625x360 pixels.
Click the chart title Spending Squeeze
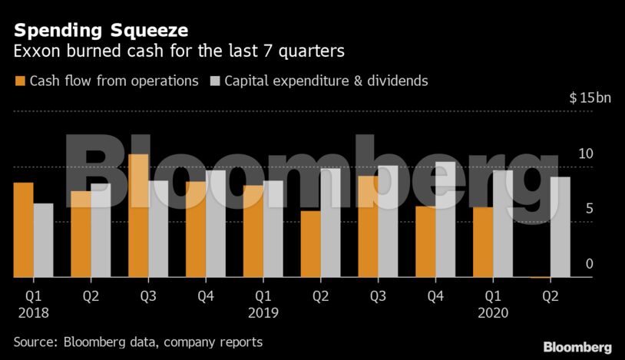coord(101,31)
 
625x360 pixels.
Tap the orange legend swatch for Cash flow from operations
coord(20,81)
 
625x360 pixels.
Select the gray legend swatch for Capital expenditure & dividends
coord(214,81)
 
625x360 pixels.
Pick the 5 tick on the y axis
coord(589,209)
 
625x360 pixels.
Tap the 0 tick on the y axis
coord(590,264)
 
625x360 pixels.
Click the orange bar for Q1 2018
coord(23,230)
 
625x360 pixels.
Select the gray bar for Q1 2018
coord(43,239)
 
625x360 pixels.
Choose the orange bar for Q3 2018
coord(138,215)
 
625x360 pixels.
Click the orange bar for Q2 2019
coord(310,243)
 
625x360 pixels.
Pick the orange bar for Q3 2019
coord(368,226)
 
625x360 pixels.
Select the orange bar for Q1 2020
coord(483,242)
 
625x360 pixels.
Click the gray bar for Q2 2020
coord(561,226)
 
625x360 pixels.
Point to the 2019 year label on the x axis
coord(263,312)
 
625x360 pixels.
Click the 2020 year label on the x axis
coord(493,312)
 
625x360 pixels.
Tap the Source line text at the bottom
coord(138,342)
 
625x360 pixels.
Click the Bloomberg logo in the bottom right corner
coord(577,347)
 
